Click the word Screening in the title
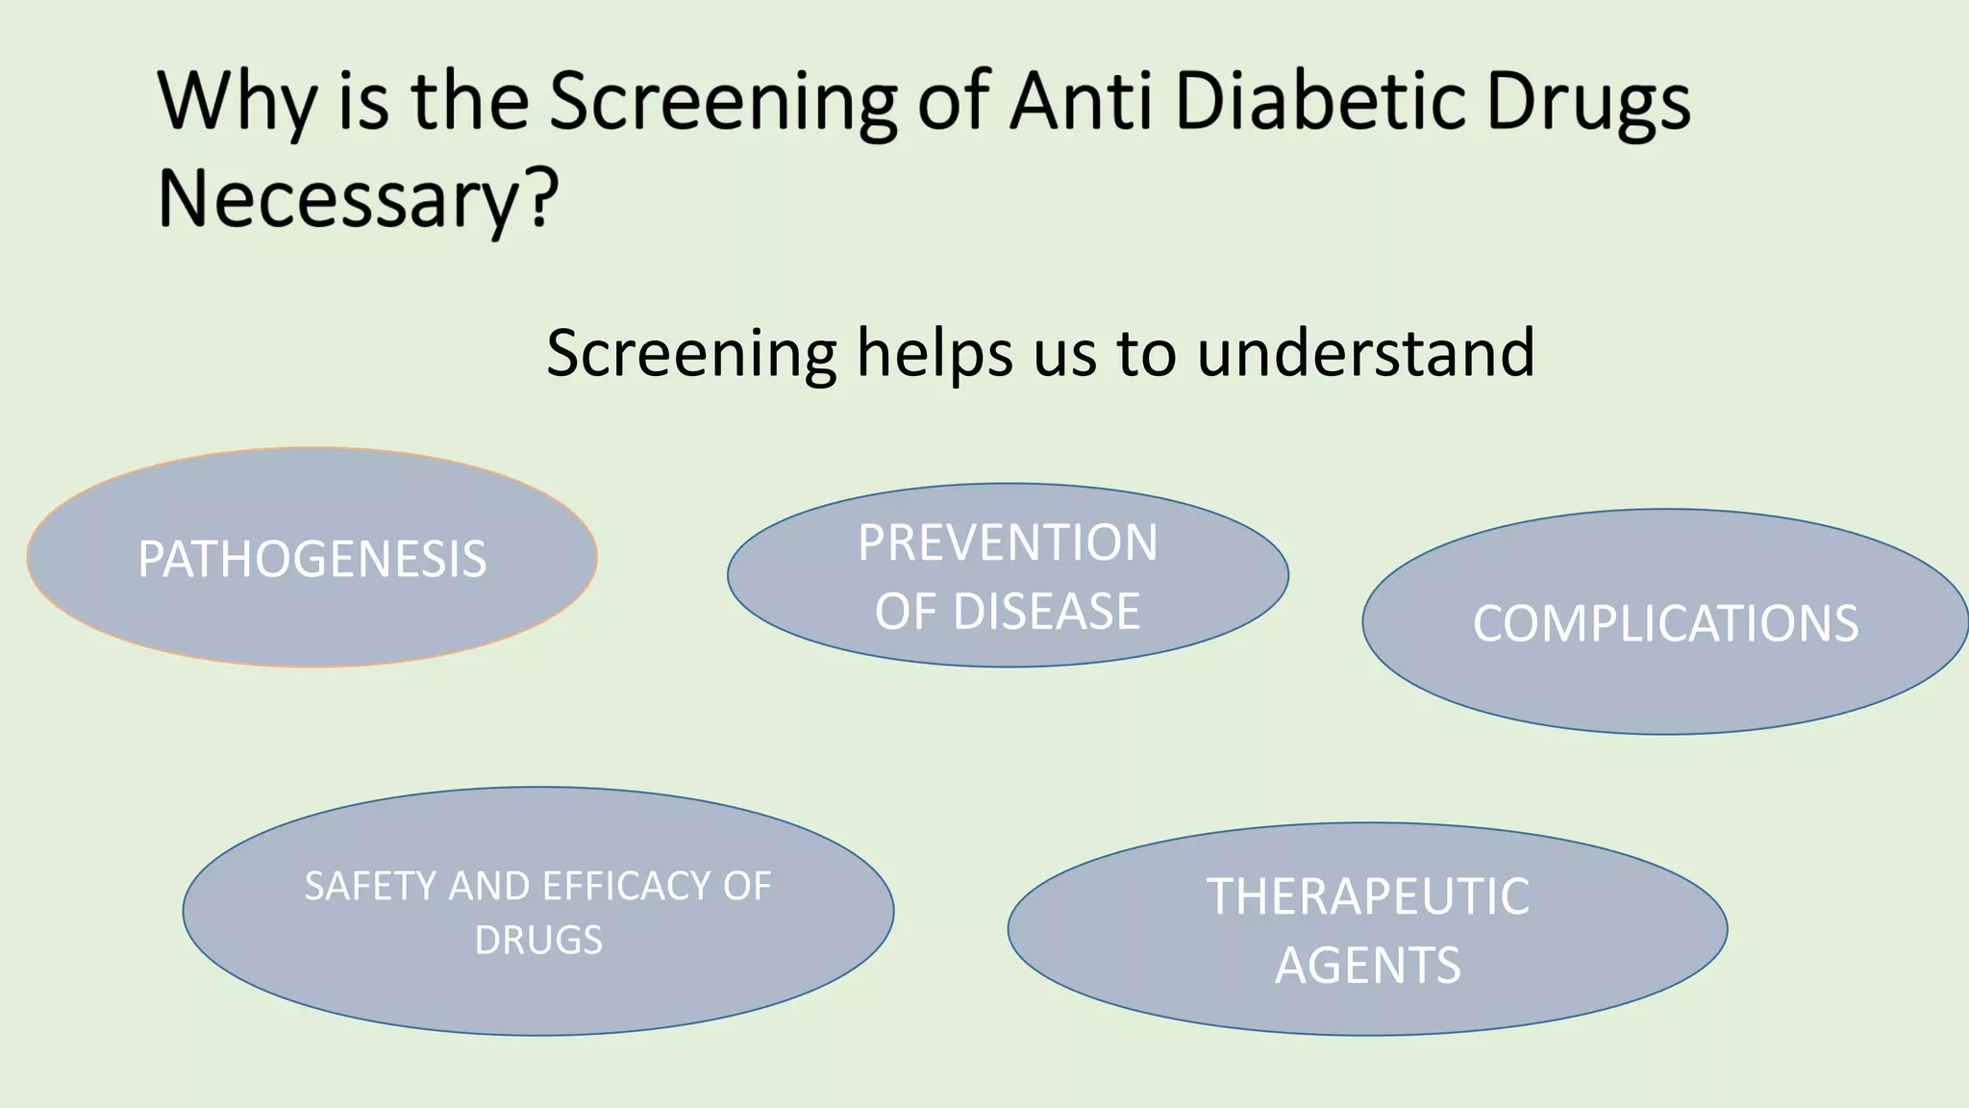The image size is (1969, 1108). click(x=722, y=102)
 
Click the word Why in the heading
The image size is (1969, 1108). click(x=237, y=102)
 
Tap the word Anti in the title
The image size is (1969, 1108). click(x=1082, y=100)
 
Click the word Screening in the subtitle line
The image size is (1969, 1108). click(x=691, y=354)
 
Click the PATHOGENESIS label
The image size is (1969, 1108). click(x=312, y=559)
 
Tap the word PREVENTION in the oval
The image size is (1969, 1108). click(x=1008, y=542)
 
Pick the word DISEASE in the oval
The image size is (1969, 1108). click(x=1046, y=612)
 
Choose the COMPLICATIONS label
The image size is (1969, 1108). click(x=1665, y=623)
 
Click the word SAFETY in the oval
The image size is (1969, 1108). click(x=371, y=886)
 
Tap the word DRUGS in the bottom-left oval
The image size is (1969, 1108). click(x=538, y=940)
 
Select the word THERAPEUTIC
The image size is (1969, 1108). click(x=1367, y=896)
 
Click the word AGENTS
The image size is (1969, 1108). click(x=1367, y=966)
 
